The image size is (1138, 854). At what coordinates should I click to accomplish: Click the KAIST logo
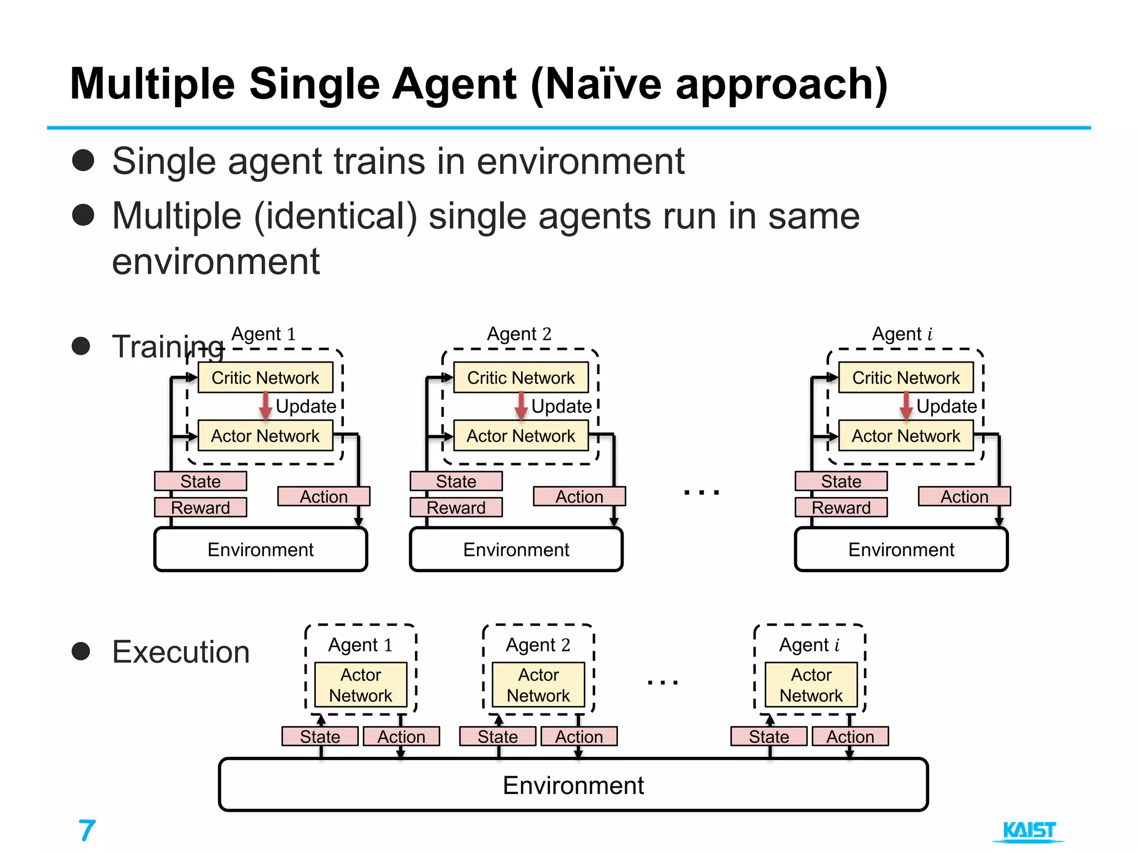(x=1029, y=831)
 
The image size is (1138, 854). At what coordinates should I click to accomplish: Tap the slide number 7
(x=87, y=831)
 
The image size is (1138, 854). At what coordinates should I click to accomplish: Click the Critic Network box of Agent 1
(x=265, y=378)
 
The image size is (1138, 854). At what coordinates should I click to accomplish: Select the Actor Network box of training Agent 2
(x=521, y=435)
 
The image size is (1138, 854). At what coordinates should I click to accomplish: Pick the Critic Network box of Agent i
(x=906, y=378)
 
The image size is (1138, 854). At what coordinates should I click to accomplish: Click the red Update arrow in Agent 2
(x=521, y=406)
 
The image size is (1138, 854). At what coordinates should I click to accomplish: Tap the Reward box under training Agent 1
(x=201, y=507)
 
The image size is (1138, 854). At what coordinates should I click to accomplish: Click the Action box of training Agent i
(x=964, y=496)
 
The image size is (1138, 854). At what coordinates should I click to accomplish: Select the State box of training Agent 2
(x=456, y=481)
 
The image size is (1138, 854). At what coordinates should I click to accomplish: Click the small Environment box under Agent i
(x=901, y=549)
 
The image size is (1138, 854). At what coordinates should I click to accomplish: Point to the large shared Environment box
(x=573, y=785)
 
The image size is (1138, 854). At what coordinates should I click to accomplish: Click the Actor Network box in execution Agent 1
(x=361, y=684)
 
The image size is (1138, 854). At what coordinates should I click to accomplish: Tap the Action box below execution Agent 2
(x=579, y=736)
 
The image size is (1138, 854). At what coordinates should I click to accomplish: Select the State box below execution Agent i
(x=769, y=736)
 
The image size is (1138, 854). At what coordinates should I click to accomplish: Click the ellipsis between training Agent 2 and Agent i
(x=701, y=492)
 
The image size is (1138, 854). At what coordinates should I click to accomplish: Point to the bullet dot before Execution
(x=81, y=651)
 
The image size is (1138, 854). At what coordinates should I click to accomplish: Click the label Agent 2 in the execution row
(x=538, y=644)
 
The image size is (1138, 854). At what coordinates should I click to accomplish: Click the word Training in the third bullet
(x=167, y=346)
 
